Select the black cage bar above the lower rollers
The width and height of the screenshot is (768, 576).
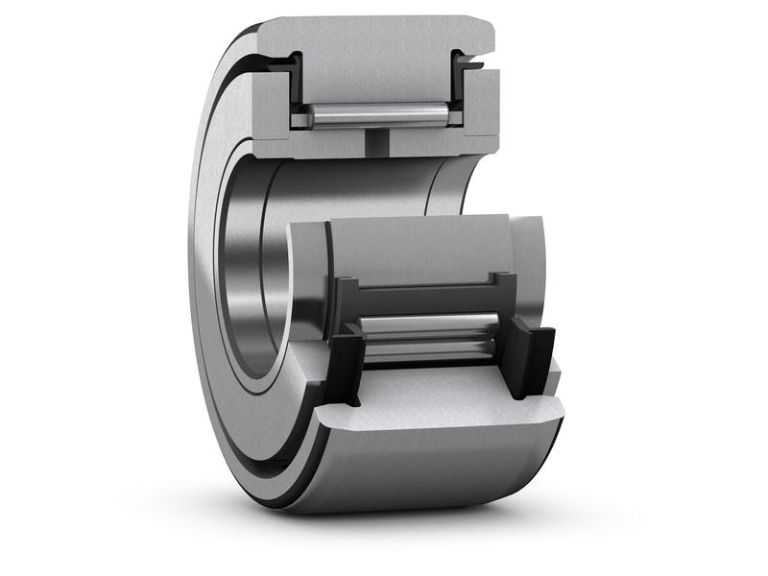coord(422,293)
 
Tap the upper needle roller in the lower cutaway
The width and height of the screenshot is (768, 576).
coord(427,324)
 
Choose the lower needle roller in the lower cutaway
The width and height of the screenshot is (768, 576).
coord(427,351)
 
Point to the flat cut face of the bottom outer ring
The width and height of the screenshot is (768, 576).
coord(442,403)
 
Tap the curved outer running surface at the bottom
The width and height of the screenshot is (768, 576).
coord(432,470)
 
